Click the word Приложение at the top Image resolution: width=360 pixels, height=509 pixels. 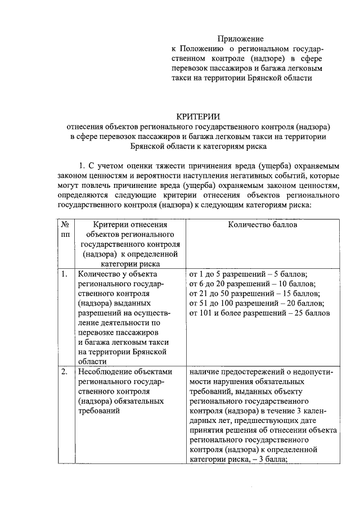pyautogui.click(x=240, y=39)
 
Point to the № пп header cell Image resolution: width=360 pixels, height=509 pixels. pyautogui.click(x=65, y=229)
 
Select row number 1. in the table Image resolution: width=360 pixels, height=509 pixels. pyautogui.click(x=65, y=274)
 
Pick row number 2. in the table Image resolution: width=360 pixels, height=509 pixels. pyautogui.click(x=65, y=372)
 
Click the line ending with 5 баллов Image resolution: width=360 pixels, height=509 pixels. pyautogui.click(x=249, y=274)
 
